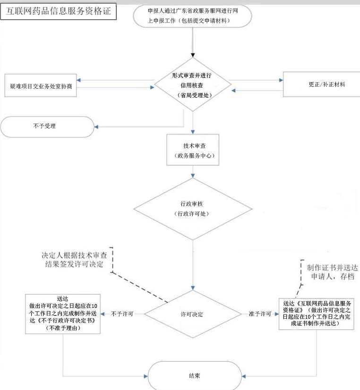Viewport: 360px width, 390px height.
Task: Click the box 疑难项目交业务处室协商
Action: [40, 87]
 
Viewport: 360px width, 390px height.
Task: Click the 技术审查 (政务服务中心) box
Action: [193, 150]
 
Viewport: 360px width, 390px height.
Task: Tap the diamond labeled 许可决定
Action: [193, 314]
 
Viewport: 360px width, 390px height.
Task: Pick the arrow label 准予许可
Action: [259, 314]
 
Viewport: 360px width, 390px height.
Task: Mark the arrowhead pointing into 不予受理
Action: [96, 127]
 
